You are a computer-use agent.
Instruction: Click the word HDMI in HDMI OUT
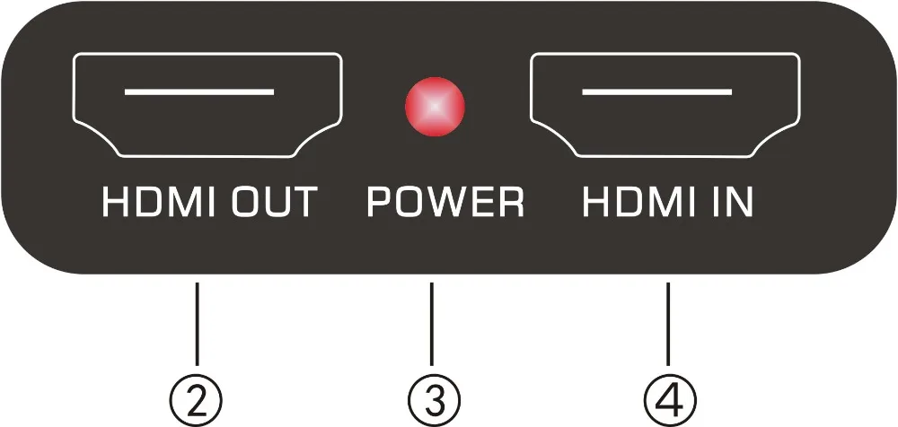[155, 204]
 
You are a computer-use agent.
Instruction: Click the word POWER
[445, 204]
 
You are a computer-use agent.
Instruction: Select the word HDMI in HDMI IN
[635, 204]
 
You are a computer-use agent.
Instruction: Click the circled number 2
[198, 396]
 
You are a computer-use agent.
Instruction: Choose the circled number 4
[668, 396]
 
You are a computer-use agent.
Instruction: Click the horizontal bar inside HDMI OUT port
[198, 91]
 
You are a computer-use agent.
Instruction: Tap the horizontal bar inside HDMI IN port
[657, 91]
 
